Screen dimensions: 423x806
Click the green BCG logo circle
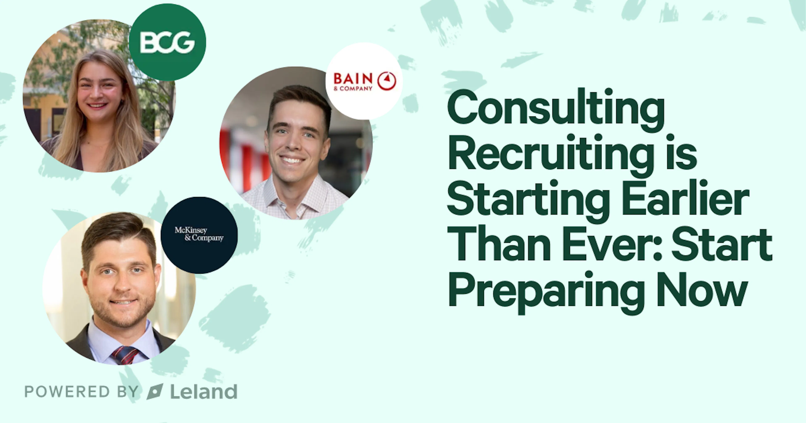click(x=167, y=42)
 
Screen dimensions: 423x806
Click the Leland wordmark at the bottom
click(x=204, y=392)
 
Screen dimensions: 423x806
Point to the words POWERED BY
click(x=81, y=392)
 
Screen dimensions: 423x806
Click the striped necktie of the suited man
click(x=125, y=355)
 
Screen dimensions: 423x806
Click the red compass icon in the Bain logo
click(x=387, y=81)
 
